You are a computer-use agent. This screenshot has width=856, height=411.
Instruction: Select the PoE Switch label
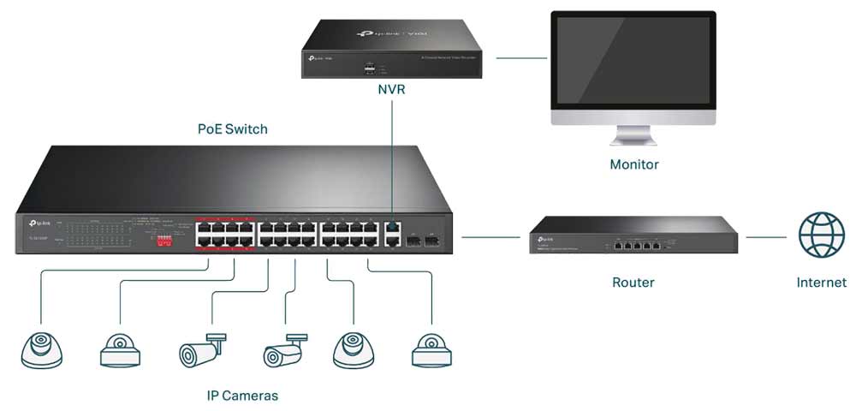click(x=233, y=129)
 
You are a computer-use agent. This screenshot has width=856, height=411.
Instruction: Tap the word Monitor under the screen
click(x=633, y=164)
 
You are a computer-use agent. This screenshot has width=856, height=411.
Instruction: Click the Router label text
click(x=633, y=282)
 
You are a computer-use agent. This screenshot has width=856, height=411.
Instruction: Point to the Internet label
click(x=821, y=282)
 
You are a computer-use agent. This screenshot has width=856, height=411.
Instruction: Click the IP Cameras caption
click(x=242, y=396)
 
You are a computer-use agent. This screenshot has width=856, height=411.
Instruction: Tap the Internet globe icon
click(x=821, y=235)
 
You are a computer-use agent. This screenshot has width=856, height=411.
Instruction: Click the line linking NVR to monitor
click(x=521, y=58)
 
